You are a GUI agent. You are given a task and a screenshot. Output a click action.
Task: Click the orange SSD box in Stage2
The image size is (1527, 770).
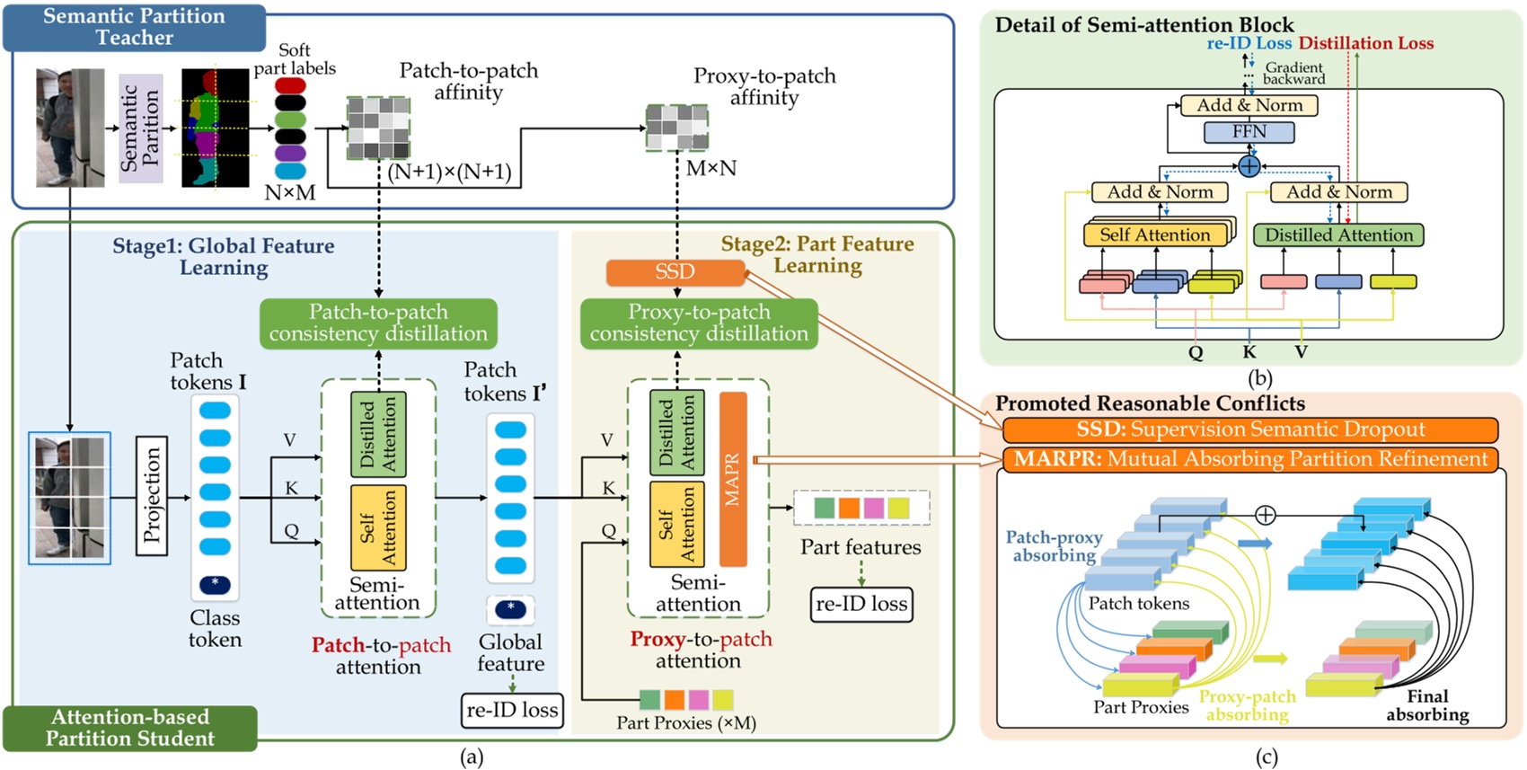(675, 272)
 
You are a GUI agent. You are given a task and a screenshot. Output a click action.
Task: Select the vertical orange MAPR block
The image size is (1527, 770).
(733, 479)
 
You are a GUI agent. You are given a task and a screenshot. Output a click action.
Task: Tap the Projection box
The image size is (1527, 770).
(151, 496)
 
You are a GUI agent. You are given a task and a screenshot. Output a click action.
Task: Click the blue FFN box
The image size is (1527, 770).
(1249, 132)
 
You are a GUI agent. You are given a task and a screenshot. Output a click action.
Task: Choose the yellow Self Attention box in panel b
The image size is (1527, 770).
(1155, 235)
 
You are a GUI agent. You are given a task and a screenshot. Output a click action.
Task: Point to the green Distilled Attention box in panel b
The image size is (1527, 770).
(1338, 235)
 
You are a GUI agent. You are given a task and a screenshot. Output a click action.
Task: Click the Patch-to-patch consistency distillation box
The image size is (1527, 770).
(378, 323)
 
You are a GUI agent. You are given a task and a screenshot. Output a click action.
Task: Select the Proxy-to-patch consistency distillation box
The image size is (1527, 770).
(699, 323)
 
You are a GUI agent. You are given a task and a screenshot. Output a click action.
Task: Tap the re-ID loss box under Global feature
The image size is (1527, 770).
(512, 710)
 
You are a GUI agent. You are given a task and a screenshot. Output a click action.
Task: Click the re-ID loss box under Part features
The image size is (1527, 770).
(861, 604)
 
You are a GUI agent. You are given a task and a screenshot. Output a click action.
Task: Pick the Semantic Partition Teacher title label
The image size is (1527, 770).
(135, 27)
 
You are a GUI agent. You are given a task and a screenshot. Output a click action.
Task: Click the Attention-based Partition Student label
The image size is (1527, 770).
(130, 728)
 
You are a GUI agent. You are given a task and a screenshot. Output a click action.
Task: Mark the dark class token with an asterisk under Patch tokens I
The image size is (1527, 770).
(215, 584)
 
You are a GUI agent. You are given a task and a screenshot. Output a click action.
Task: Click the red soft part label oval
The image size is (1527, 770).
(290, 85)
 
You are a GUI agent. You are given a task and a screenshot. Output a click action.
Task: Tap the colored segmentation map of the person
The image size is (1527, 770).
(215, 128)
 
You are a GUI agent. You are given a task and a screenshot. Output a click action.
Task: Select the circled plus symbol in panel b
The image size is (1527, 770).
(1249, 166)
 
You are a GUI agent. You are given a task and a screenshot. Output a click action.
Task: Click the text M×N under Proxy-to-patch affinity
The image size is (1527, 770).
(711, 168)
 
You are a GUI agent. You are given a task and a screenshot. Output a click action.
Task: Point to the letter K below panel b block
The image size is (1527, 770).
(1249, 352)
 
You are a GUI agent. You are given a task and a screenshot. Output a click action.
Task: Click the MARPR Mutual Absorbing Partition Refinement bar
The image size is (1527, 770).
(1250, 459)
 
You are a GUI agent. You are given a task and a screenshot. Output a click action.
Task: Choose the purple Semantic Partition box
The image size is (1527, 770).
(140, 128)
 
